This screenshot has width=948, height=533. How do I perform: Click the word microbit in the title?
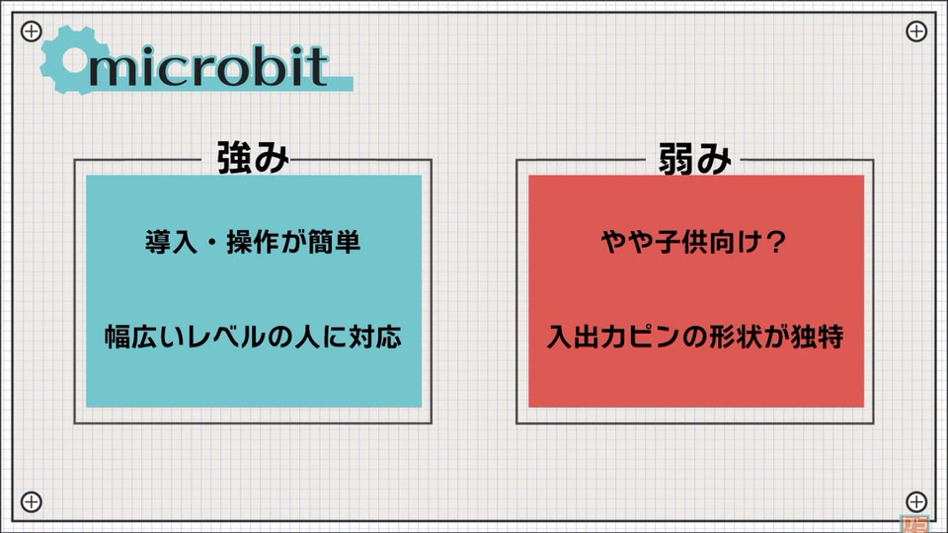click(x=208, y=65)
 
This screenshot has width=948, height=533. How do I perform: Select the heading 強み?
click(x=253, y=158)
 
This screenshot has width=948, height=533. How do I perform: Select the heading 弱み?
click(x=694, y=158)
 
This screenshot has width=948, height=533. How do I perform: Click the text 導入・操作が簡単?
click(x=253, y=243)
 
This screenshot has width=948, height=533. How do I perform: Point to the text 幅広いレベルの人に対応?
click(x=253, y=337)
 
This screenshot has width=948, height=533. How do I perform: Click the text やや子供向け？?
click(x=694, y=243)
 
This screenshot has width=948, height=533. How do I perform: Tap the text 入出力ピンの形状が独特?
click(x=694, y=337)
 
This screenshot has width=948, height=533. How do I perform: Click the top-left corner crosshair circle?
click(x=32, y=31)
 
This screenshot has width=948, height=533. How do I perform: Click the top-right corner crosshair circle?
click(x=916, y=31)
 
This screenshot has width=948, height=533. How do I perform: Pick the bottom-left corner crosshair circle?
click(x=32, y=501)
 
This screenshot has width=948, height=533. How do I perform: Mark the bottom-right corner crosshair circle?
click(x=916, y=501)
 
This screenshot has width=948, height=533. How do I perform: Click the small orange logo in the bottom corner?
click(x=914, y=523)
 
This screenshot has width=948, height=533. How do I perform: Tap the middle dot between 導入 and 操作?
click(x=211, y=243)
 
